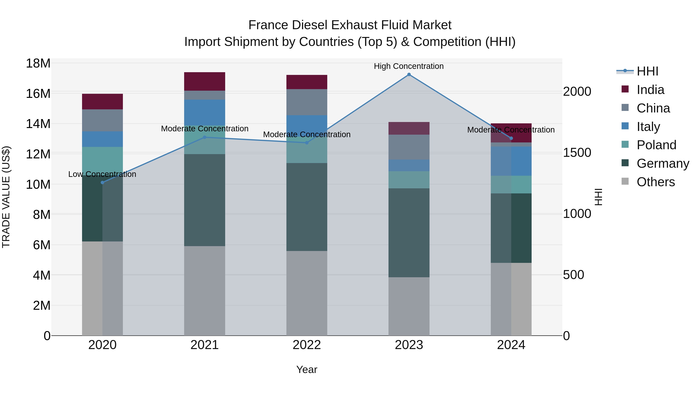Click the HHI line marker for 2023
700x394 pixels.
(409, 75)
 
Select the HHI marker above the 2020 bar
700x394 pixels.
(102, 183)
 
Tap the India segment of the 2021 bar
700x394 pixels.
(205, 81)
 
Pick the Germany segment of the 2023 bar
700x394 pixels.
(409, 233)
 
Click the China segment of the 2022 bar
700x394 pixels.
(307, 102)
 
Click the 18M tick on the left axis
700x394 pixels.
(38, 63)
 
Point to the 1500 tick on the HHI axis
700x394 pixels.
(577, 153)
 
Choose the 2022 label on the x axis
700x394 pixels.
(307, 345)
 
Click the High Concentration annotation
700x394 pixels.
(409, 66)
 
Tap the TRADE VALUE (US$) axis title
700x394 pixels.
(6, 197)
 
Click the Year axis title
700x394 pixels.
(307, 369)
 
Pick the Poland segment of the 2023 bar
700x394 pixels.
(409, 180)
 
